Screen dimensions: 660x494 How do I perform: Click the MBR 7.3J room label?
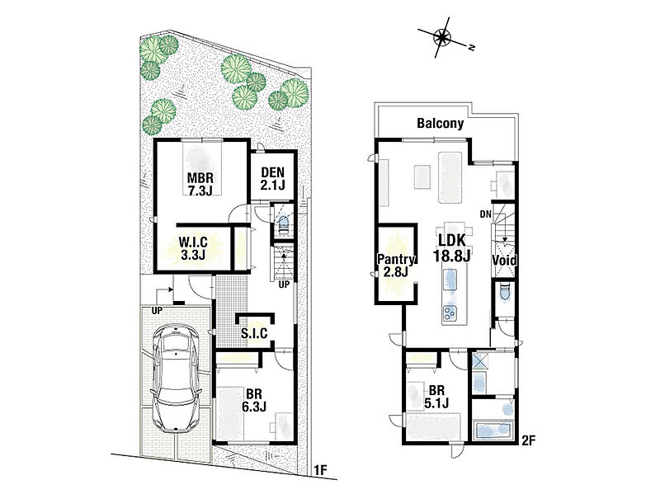click(200, 184)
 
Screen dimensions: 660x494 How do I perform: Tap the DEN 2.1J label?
click(272, 178)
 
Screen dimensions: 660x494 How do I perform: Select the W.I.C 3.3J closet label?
click(193, 248)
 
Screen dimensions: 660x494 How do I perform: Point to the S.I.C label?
click(254, 333)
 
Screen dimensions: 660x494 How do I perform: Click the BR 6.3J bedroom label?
click(254, 400)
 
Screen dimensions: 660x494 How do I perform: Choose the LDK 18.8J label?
click(451, 248)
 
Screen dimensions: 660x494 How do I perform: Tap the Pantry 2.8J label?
click(396, 266)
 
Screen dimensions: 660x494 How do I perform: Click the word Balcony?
click(440, 123)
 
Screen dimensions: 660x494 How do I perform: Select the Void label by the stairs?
click(504, 261)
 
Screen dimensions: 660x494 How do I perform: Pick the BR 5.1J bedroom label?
click(436, 397)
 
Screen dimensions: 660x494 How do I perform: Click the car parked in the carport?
click(176, 378)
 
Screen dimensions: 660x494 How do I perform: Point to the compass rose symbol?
click(442, 37)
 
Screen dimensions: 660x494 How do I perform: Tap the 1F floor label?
click(320, 470)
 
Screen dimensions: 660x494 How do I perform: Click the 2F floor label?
click(528, 440)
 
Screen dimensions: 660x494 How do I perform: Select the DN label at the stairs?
click(485, 214)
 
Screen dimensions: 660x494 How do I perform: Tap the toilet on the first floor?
click(282, 223)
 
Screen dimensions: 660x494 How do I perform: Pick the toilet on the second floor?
click(505, 291)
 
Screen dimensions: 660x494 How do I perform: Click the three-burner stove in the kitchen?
click(450, 313)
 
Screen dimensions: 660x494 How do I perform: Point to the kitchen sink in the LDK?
click(450, 279)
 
